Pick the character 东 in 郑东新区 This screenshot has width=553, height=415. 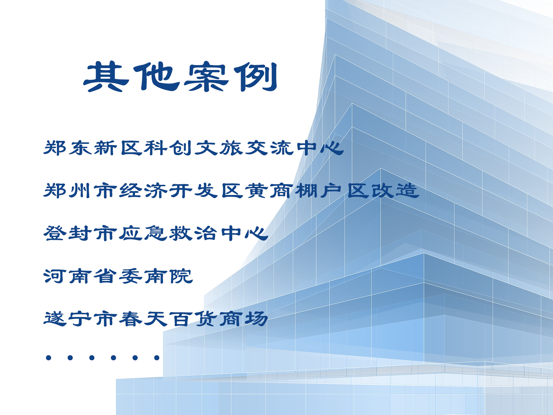tap(80, 148)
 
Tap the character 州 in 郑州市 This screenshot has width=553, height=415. tap(80, 191)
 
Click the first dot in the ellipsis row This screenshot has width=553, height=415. tap(49, 358)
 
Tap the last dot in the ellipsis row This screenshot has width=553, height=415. tap(157, 358)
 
